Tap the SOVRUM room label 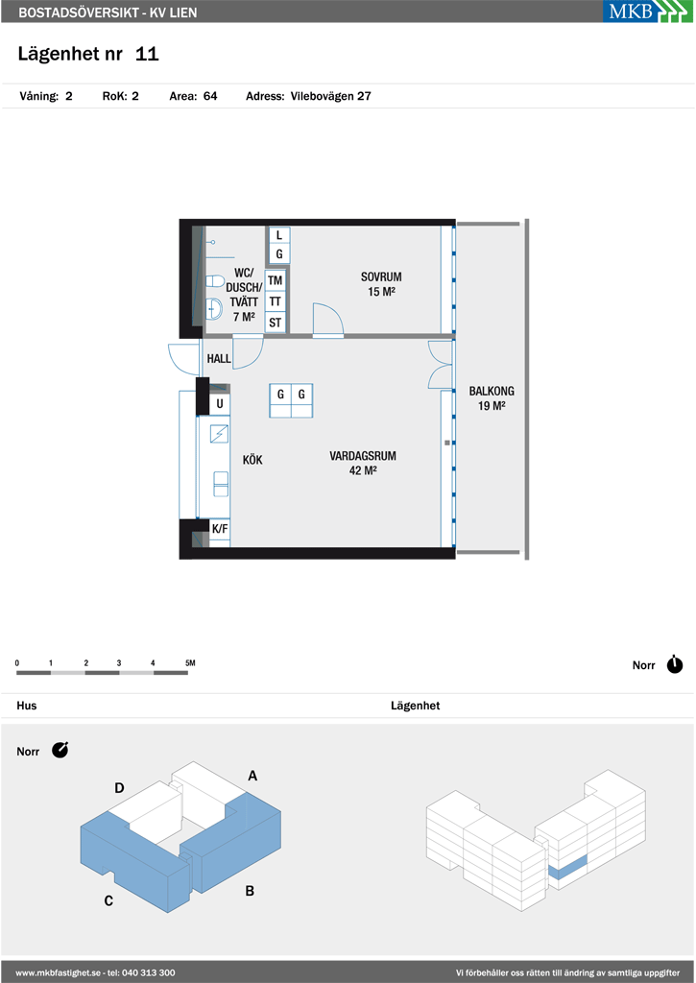[x=380, y=276]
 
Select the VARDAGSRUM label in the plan [x=363, y=456]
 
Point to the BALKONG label [x=492, y=391]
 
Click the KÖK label [x=252, y=460]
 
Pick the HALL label [x=219, y=359]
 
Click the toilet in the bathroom [x=214, y=280]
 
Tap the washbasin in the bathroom [x=214, y=309]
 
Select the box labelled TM [x=275, y=281]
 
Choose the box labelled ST [x=275, y=324]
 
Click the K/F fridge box [x=220, y=530]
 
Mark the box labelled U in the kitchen [x=220, y=404]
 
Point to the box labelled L [x=279, y=235]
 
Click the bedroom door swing [x=328, y=322]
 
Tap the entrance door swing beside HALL [x=183, y=360]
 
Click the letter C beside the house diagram [x=108, y=900]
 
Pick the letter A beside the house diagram [x=252, y=776]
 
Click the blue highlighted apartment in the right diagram [x=568, y=865]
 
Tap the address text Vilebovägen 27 [x=330, y=96]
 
